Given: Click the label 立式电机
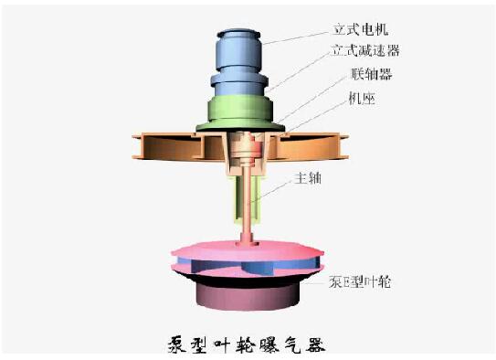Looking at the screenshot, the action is coord(360,29).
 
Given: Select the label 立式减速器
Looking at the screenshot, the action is coord(365,50).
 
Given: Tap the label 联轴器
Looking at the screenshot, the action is coord(372,74).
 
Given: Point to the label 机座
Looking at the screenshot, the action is coord(362,99).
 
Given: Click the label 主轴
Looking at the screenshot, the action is coord(308,178).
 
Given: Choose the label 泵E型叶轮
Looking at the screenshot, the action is coord(360,281).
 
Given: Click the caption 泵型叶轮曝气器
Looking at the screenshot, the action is coord(247,344).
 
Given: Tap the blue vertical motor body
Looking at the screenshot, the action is coord(238,63).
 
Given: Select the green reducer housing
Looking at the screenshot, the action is coord(240,113).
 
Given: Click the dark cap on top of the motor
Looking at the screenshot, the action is coord(238,33).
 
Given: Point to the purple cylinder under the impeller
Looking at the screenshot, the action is coord(248,296).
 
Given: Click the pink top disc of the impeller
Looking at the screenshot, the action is coord(248,249).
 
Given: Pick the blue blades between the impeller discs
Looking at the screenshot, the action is coord(248,265).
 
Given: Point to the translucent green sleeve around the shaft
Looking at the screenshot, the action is coord(248,199).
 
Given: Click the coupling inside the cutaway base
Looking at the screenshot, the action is coord(246,150).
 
